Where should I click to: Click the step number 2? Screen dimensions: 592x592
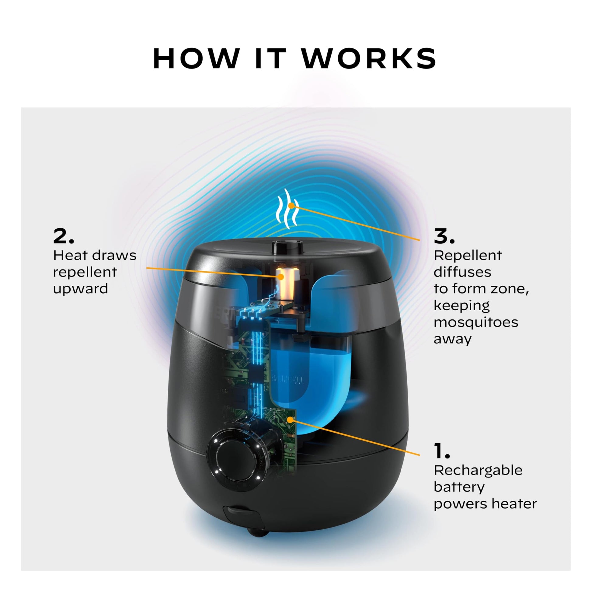[63, 236]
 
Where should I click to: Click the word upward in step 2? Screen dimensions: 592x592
[80, 289]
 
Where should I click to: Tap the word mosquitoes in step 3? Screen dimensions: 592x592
[475, 322]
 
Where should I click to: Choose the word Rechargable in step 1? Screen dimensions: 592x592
[478, 470]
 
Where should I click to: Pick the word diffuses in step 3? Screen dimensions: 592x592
[462, 272]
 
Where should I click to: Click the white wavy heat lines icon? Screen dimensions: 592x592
[287, 209]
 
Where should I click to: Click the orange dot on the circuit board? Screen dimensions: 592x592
[290, 420]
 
